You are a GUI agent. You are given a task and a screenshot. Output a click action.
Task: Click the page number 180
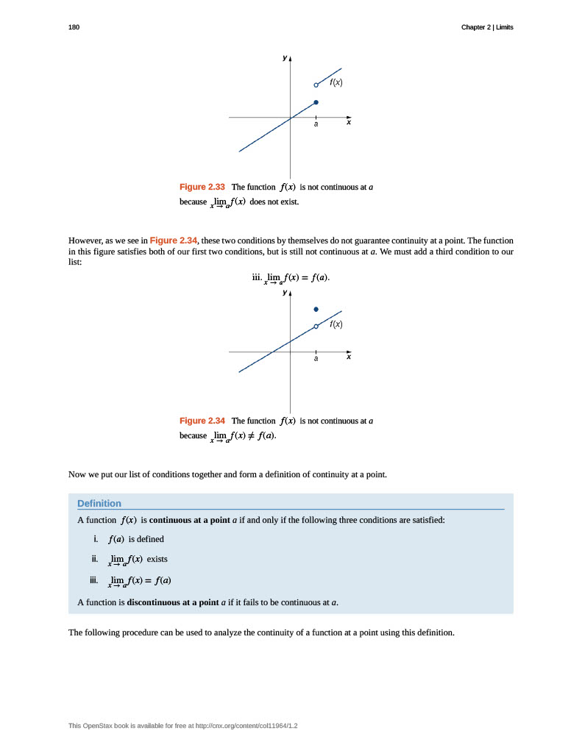click(74, 27)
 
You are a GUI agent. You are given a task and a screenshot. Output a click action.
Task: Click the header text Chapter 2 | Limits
click(487, 27)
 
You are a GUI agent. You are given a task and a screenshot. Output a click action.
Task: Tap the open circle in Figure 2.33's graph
click(316, 85)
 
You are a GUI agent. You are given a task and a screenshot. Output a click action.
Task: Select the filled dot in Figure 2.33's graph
click(316, 102)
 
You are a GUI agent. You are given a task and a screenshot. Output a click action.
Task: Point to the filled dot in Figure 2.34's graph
click(316, 310)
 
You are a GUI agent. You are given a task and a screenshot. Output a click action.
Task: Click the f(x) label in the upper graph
click(336, 82)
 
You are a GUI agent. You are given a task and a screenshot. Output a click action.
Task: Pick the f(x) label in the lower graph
click(336, 324)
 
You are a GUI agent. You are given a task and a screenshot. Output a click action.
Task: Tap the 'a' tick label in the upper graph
click(316, 124)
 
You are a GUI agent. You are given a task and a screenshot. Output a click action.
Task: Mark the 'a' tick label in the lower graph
click(316, 359)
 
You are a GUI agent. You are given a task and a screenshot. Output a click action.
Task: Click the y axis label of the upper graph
click(285, 57)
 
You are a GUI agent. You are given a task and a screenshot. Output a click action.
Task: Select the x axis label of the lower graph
click(349, 357)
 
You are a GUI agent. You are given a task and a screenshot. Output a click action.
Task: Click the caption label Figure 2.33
click(202, 187)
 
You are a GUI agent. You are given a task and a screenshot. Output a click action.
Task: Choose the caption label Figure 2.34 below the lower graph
click(202, 421)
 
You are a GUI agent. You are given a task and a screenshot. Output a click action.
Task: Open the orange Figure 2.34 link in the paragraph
click(174, 240)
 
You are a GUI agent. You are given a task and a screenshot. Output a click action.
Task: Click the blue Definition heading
click(99, 503)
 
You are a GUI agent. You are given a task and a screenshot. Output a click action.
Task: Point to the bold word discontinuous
click(157, 602)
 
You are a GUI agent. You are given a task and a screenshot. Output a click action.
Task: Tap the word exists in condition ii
click(157, 559)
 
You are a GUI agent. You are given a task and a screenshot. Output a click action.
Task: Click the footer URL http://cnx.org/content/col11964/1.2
click(248, 726)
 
